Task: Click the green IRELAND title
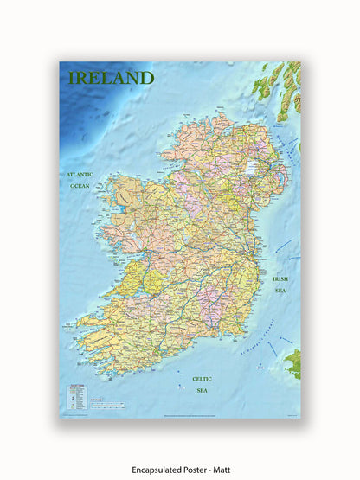pyautogui.click(x=111, y=78)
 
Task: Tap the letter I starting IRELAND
pyautogui.click(x=72, y=78)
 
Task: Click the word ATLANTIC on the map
pyautogui.click(x=80, y=175)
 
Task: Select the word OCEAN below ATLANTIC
pyautogui.click(x=80, y=186)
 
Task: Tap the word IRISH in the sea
pyautogui.click(x=280, y=279)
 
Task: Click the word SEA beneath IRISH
pyautogui.click(x=280, y=291)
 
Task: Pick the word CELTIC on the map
pyautogui.click(x=201, y=378)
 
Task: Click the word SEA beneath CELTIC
pyautogui.click(x=201, y=390)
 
